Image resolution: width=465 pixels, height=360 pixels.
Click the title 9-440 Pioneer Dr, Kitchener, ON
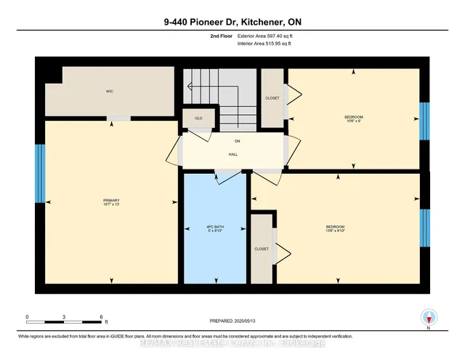(x=232, y=22)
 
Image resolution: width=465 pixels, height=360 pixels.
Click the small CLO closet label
(x=198, y=118)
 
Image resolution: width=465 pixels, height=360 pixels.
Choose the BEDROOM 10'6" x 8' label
(x=354, y=119)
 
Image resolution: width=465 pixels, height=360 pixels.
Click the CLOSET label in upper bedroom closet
(x=272, y=98)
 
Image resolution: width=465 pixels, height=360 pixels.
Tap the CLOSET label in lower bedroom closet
(x=262, y=249)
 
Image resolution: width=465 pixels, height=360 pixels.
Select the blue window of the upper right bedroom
(x=425, y=120)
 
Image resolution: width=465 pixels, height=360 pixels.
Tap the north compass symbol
(x=429, y=316)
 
